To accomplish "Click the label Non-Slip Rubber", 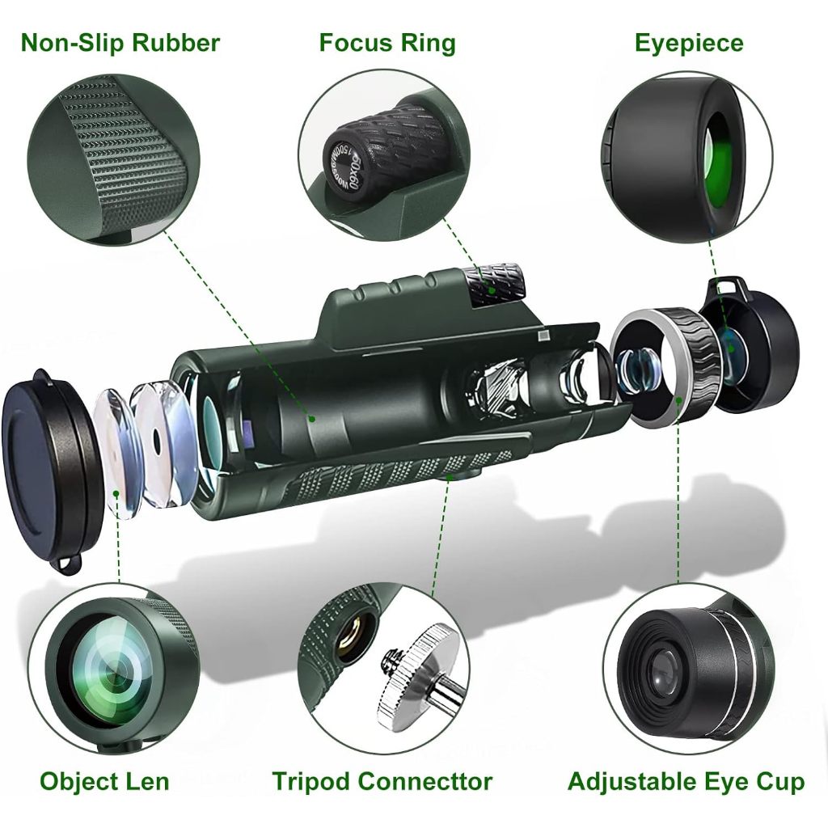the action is [x=120, y=42].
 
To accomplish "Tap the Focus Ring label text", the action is [x=387, y=42].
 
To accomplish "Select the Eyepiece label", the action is [x=688, y=42].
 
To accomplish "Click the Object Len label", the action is [x=104, y=781].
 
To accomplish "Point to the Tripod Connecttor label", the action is [x=382, y=781].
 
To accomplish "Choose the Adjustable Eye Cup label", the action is [x=686, y=781].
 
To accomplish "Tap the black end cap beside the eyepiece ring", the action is [x=760, y=348].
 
